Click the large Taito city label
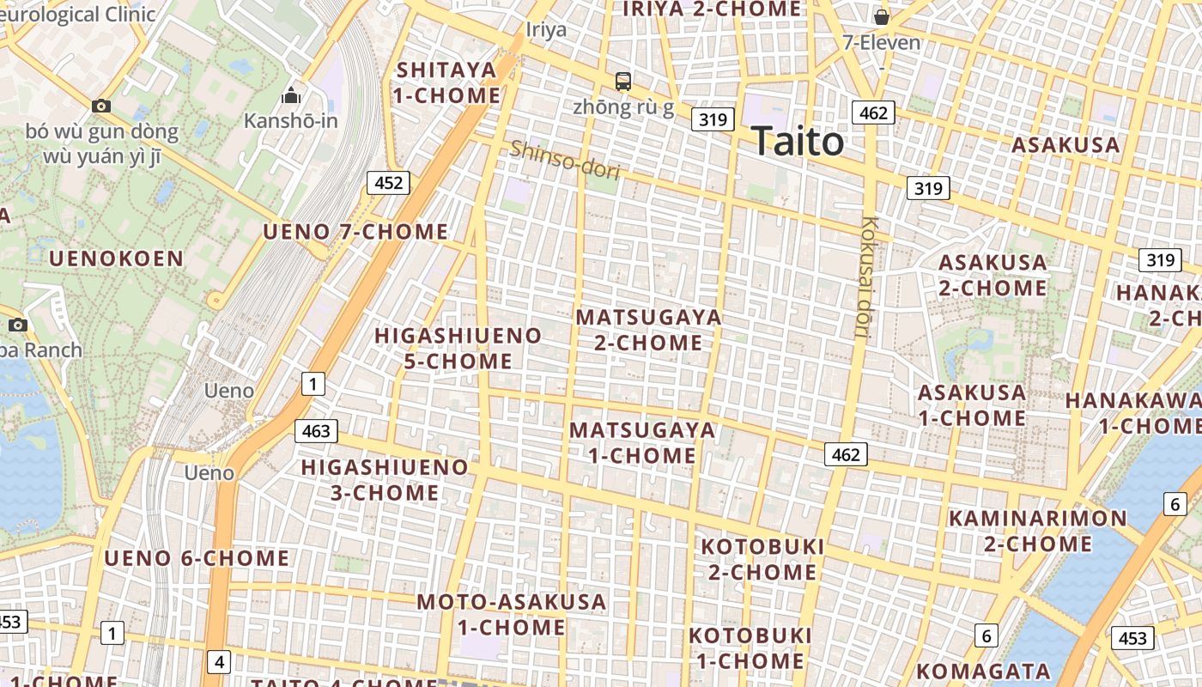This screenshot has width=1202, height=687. coord(798,141)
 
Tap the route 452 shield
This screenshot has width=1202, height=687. coord(388,183)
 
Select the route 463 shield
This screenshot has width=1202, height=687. coord(316,431)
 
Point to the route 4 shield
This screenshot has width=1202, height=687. coord(220,662)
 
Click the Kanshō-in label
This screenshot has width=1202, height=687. coord(291,120)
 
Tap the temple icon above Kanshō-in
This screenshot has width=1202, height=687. coord(291,94)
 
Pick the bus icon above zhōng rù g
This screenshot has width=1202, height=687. coord(623,82)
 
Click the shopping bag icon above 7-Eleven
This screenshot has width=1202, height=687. coord(881,16)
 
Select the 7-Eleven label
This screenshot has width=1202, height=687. coord(881,42)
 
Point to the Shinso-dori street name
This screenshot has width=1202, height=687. coord(565,160)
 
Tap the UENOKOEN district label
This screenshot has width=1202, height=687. coord(117,258)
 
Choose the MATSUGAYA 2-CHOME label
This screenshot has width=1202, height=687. coord(649,330)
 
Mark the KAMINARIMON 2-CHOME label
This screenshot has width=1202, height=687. coord(1037,531)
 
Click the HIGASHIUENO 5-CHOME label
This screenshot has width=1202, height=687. coord(458,348)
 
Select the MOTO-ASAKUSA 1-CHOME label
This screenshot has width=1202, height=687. coord(512,614)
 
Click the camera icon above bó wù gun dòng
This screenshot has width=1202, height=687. coord(101,106)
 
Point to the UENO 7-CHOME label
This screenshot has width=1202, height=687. coord(355,232)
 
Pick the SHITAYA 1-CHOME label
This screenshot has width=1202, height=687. coord(447,82)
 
